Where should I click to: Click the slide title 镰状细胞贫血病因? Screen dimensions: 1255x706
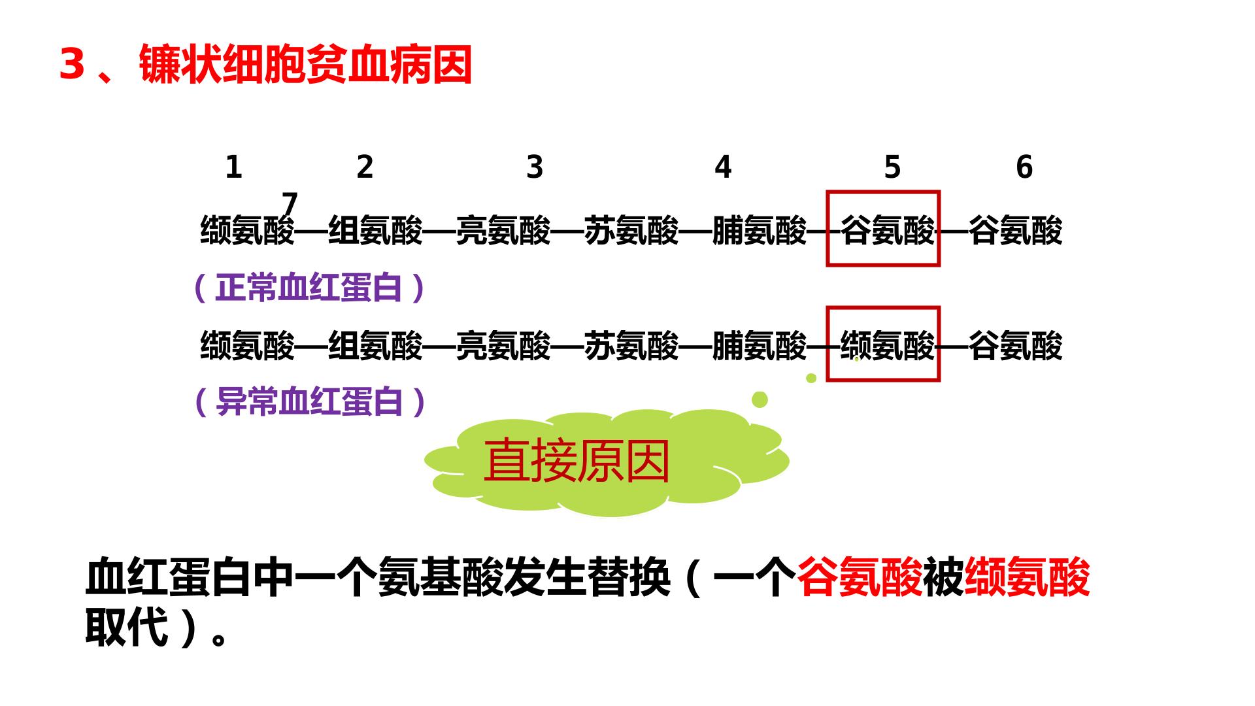[305, 65]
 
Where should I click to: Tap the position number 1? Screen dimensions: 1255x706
[233, 167]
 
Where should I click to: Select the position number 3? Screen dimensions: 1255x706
[535, 167]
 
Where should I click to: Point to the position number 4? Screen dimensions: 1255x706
[722, 167]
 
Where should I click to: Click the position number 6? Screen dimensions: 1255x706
[1024, 167]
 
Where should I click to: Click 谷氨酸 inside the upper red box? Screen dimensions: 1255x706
[888, 230]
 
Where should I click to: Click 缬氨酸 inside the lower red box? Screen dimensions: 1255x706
[888, 345]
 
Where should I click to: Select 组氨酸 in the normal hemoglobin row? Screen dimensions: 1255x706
[375, 230]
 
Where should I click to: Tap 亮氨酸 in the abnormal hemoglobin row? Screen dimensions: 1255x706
[503, 345]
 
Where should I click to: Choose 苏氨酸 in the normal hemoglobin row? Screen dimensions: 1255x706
[631, 230]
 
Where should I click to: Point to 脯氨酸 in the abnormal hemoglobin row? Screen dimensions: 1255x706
[760, 345]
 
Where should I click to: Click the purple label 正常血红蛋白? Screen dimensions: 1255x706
[309, 288]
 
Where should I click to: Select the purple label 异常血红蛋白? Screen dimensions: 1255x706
[309, 401]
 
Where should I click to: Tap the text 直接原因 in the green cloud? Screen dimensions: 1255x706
[577, 461]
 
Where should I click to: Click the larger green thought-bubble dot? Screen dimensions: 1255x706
[760, 399]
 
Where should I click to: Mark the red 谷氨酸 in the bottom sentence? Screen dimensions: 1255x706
[860, 577]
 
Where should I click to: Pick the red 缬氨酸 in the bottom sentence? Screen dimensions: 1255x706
[1027, 577]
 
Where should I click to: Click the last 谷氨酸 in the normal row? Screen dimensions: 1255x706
[1016, 230]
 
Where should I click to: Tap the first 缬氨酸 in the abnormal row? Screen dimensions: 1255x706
[248, 345]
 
